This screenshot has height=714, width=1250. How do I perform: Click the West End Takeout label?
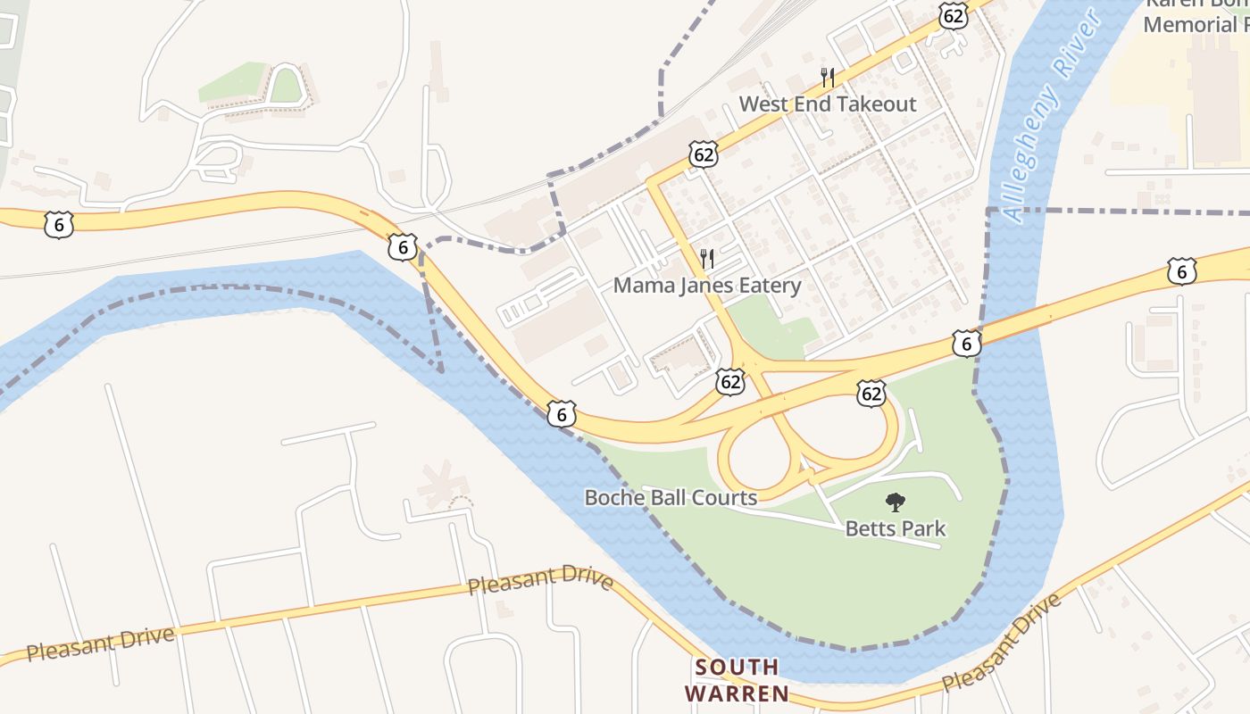point(828,104)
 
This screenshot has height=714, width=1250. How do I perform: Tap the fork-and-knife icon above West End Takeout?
point(828,78)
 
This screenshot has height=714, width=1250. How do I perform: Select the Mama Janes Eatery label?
point(706,286)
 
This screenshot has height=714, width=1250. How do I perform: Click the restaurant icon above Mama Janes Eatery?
point(706,259)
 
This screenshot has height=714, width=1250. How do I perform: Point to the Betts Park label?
point(895,528)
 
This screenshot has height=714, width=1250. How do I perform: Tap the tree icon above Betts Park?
point(895,502)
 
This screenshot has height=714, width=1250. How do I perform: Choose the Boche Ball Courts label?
point(671,497)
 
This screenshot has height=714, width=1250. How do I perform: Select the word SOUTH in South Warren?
point(737,668)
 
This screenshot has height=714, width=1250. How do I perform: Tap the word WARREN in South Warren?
point(737,693)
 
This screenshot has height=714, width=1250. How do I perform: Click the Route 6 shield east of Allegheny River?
point(1181,271)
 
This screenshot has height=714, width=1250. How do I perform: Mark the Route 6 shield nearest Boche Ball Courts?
point(561,413)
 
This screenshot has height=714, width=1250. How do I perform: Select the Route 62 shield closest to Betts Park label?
point(871,393)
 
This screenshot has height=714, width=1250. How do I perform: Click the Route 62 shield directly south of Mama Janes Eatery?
point(730,382)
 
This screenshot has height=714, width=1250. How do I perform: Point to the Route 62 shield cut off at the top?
point(954,13)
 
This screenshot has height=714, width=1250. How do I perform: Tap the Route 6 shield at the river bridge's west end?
point(966,343)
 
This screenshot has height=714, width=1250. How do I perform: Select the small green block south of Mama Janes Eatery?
point(773,326)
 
